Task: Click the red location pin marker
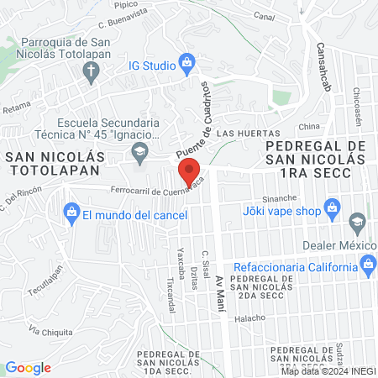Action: tap(189, 172)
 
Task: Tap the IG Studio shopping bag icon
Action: tap(187, 62)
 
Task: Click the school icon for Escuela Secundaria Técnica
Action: tap(139, 151)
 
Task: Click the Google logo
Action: tap(28, 368)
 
